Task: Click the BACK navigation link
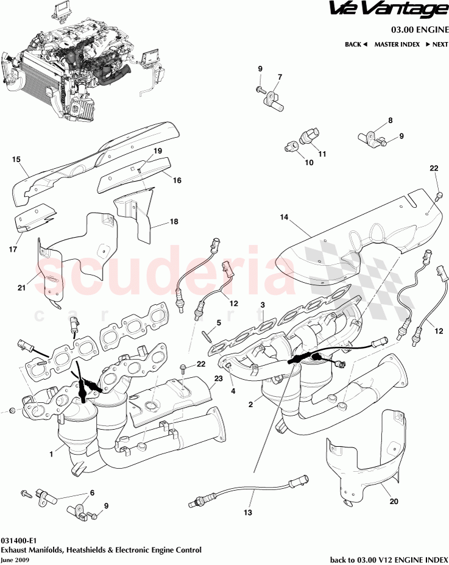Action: coord(356,44)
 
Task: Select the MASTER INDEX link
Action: coord(397,44)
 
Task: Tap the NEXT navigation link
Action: coord(436,44)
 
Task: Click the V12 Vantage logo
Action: coord(387,10)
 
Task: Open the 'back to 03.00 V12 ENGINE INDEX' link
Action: coord(388,560)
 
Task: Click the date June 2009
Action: coord(13,559)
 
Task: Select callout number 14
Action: coord(283,217)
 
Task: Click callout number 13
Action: coord(247,513)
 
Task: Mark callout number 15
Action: coord(16,160)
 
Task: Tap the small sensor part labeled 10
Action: coord(291,145)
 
